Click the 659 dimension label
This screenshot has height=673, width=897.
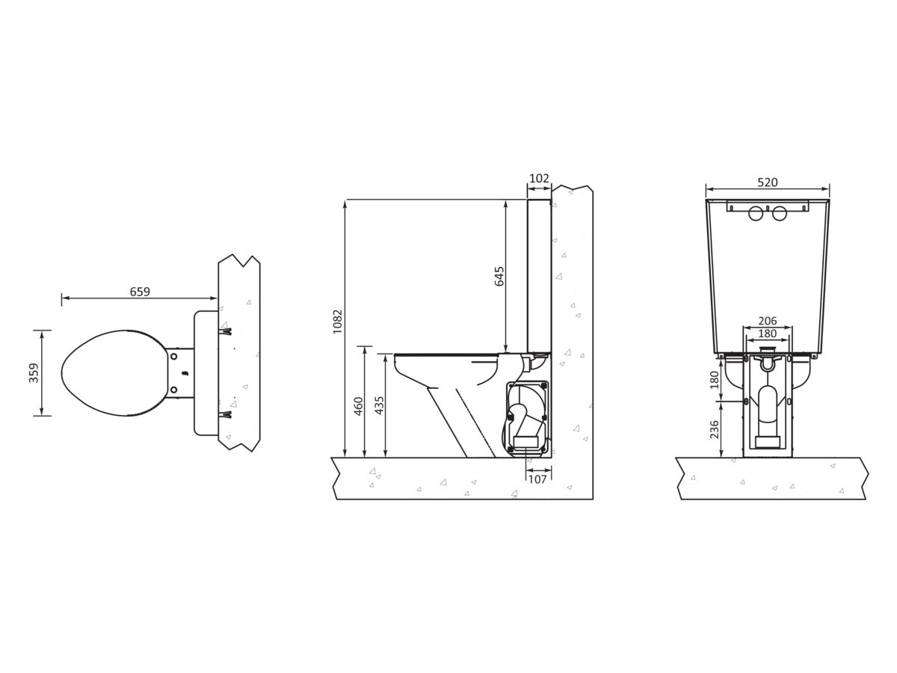140,292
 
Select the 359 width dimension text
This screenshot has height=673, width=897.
34,372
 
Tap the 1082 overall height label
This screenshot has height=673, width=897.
338,322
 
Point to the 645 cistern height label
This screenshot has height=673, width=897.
499,276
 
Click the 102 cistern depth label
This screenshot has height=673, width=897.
539,178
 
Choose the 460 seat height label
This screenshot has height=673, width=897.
359,406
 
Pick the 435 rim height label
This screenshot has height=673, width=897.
380,405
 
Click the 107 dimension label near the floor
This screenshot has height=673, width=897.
537,479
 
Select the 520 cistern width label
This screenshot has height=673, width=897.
768,182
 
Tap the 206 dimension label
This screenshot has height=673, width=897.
768,321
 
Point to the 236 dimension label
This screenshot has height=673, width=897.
714,429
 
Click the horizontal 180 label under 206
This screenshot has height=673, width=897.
768,334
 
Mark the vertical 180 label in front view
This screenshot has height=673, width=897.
714,380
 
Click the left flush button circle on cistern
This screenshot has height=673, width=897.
756,213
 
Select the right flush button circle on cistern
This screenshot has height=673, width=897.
780,213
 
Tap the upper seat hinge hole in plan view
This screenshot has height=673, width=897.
173,357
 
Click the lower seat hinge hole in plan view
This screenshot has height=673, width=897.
173,390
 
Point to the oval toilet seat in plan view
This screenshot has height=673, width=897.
114,372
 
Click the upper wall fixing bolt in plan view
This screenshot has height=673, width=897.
225,331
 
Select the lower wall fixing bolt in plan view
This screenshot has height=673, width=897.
225,415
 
